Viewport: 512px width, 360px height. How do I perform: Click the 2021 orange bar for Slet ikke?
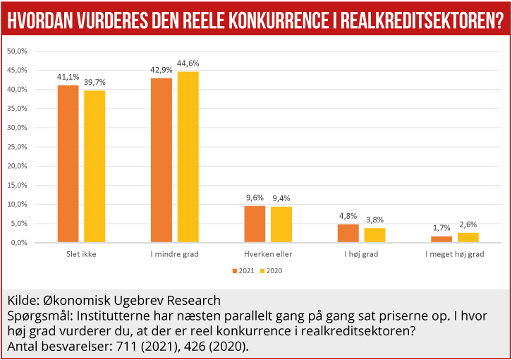pyautogui.click(x=68, y=164)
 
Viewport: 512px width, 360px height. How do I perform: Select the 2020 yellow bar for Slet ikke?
pyautogui.click(x=95, y=167)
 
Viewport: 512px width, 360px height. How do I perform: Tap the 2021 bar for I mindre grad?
pyautogui.click(x=161, y=160)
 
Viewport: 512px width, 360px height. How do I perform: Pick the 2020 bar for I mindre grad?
pyautogui.click(x=188, y=157)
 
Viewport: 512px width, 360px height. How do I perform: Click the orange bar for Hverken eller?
pyautogui.click(x=255, y=224)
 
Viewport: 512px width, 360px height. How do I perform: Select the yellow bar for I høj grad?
pyautogui.click(x=374, y=235)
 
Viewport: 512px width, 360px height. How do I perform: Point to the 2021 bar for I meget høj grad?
pyautogui.click(x=441, y=239)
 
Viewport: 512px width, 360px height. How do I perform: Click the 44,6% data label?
pyautogui.click(x=188, y=64)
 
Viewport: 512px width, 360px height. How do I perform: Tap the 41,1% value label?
pyautogui.click(x=68, y=77)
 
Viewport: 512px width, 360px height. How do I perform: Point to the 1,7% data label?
pyautogui.click(x=441, y=228)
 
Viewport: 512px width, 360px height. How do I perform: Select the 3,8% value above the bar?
pyautogui.click(x=374, y=220)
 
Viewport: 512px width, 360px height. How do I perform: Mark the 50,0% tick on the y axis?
pyautogui.click(x=16, y=52)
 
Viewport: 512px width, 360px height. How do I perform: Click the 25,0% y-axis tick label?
pyautogui.click(x=16, y=147)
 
